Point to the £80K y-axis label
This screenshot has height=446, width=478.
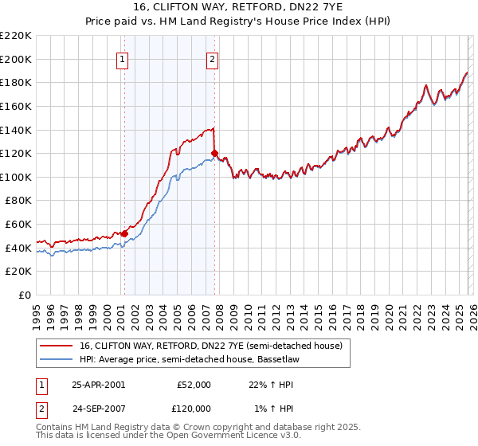(18, 201)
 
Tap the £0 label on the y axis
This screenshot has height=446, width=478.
(25, 295)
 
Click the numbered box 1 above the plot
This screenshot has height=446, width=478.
(123, 58)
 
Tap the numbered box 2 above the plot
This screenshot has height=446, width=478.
(213, 58)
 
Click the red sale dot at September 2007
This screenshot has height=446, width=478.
(215, 153)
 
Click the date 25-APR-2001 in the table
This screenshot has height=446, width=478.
(98, 384)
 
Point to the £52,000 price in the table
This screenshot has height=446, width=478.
(194, 384)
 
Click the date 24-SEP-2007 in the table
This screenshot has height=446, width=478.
(98, 408)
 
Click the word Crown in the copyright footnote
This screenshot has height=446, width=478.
(207, 428)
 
